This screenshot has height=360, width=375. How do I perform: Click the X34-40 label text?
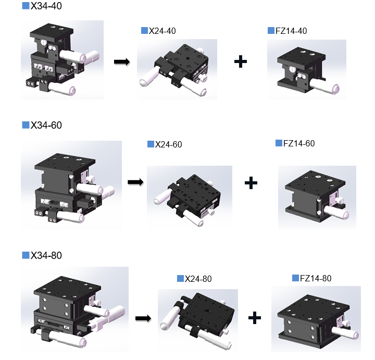pos(46,6)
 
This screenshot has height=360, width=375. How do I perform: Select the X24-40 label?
pos(162,31)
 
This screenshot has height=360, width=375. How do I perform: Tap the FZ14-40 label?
pos(291,31)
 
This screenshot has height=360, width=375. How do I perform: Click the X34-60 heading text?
pos(46,125)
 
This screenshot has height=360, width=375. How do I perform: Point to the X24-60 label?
pos(168,144)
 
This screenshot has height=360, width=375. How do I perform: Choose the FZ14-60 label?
pos(299,143)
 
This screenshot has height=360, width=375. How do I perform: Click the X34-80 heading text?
pos(46,255)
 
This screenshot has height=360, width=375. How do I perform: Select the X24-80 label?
pos(198,279)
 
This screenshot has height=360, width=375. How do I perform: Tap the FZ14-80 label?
pos(316,278)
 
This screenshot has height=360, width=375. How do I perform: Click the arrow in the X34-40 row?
pos(122,62)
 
